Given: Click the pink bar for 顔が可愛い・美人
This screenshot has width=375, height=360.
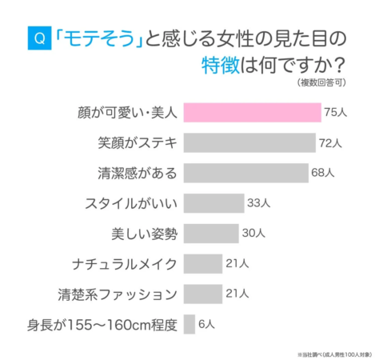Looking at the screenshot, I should [x=252, y=112].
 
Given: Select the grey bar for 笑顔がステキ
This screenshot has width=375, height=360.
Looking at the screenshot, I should [x=249, y=142].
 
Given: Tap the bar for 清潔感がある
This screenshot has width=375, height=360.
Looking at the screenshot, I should [x=245, y=172].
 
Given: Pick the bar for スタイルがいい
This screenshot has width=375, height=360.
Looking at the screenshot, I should [x=213, y=202].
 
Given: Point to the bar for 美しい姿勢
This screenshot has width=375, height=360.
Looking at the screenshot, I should [x=211, y=233].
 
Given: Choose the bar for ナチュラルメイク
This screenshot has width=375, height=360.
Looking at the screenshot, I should [x=203, y=263].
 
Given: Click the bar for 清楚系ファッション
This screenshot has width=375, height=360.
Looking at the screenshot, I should [x=203, y=294].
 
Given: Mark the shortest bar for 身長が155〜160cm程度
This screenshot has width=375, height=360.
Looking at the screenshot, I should [x=189, y=324].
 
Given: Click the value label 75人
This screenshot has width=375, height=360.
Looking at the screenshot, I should [x=335, y=113].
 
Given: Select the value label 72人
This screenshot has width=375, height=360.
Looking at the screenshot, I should [x=330, y=143].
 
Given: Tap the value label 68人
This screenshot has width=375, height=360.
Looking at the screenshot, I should [x=323, y=173].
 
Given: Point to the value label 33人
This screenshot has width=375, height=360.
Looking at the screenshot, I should [x=257, y=203].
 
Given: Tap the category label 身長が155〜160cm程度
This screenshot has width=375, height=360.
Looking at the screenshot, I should [x=102, y=324].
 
